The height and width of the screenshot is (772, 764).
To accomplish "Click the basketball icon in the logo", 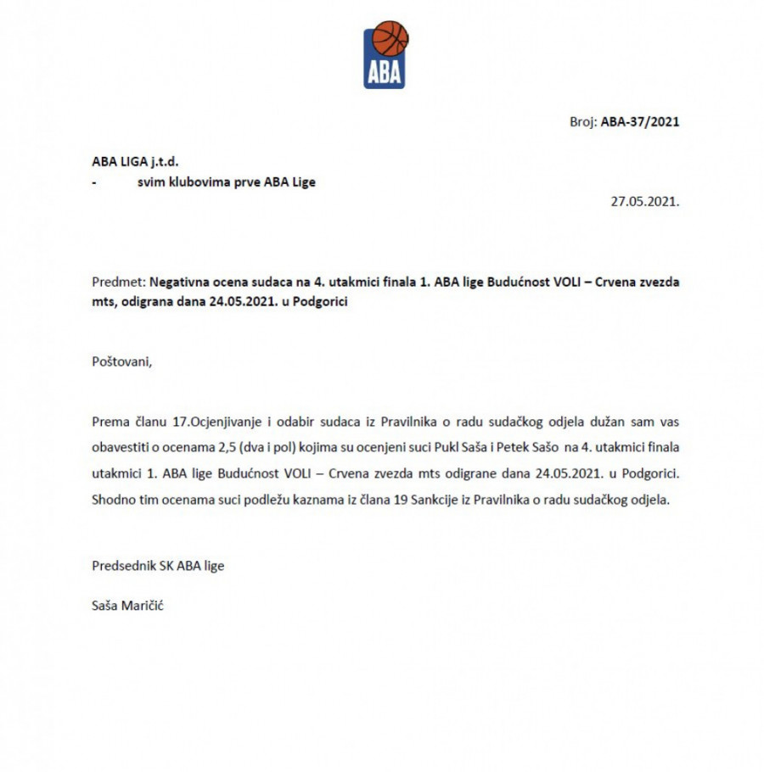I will (390, 39).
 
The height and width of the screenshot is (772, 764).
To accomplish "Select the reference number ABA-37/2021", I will (640, 121).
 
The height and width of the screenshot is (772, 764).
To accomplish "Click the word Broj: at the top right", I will (583, 121).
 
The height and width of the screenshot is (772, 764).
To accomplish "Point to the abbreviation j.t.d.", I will (164, 161).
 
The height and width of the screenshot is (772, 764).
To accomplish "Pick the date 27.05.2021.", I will (645, 202).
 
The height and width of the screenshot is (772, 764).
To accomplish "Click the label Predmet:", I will (119, 283).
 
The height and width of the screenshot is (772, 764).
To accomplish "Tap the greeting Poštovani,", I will (122, 361).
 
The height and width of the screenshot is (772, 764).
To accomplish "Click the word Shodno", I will (115, 500).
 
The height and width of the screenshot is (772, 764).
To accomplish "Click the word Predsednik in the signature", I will (124, 565).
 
